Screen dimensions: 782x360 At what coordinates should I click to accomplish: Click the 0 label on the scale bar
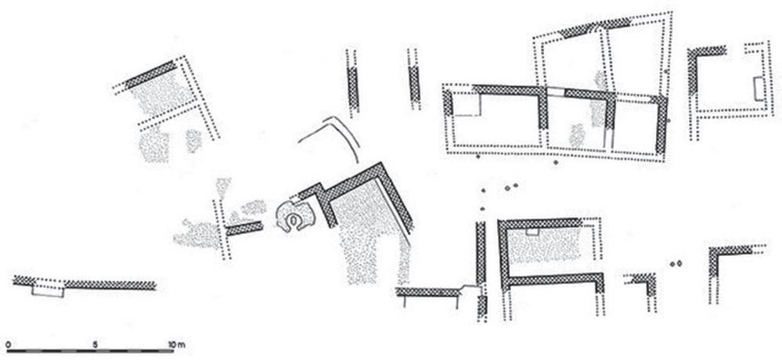coord(7,344)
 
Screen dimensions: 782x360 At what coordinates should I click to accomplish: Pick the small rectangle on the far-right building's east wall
coord(757,88)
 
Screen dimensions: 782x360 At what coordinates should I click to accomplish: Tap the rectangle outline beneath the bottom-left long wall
coord(46,290)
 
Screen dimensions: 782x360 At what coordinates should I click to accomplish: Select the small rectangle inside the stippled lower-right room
coord(532,232)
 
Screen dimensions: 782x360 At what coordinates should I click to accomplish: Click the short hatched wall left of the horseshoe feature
coord(243,229)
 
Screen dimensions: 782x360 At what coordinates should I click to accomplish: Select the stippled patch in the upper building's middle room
coord(577,135)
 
